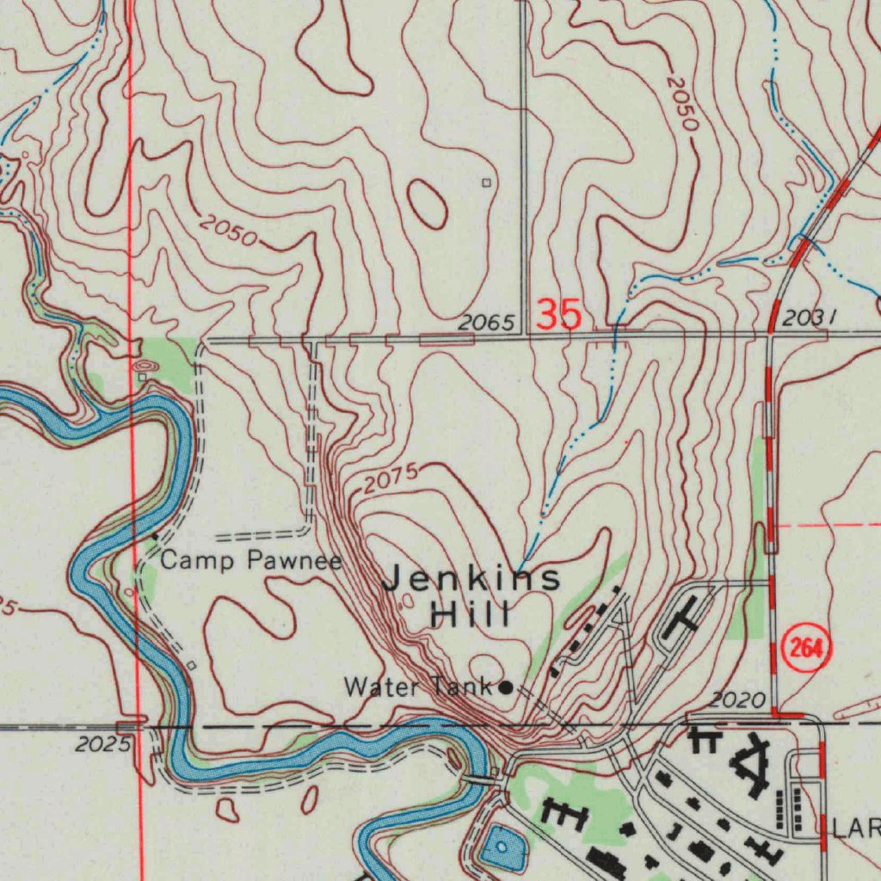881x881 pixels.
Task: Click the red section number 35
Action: coord(558,315)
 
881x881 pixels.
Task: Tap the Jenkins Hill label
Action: coord(471,595)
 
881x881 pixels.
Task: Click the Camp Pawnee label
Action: coord(251,562)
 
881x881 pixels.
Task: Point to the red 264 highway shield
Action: coord(806,648)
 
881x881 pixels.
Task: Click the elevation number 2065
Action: coord(486,323)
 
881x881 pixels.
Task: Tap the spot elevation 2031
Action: coord(810,317)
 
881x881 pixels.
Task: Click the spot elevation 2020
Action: coord(738,701)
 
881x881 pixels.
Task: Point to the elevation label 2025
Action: coord(102,743)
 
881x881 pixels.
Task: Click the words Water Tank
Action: coord(418,687)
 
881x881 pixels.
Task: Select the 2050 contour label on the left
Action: coord(228,230)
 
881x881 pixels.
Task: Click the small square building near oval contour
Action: coord(486,182)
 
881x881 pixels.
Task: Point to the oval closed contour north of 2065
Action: coord(428,204)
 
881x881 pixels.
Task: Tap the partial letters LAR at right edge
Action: coord(856,829)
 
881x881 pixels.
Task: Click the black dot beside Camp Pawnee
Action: coord(155,537)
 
